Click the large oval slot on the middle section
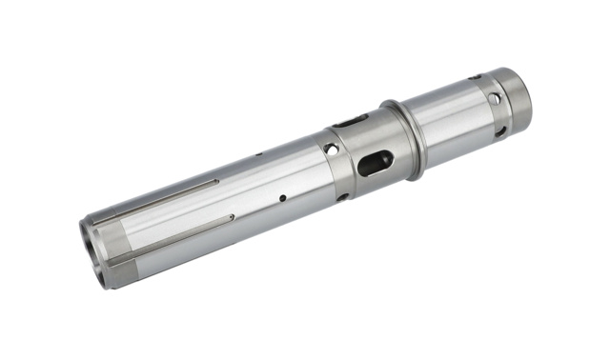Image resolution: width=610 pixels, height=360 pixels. click(374, 163)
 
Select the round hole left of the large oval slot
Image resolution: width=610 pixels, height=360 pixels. click(331, 150)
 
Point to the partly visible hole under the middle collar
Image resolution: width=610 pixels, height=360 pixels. click(342, 197)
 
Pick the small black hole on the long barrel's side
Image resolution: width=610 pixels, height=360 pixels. click(281, 199)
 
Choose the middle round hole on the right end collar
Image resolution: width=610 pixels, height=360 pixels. click(494, 99)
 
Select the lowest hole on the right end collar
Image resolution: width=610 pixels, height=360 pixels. click(498, 131)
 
